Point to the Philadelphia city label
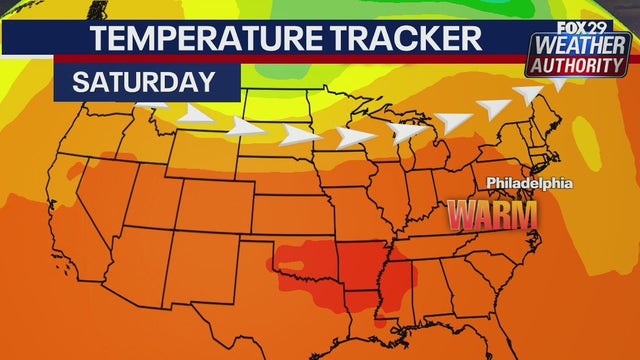[529, 184]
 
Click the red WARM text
[492, 213]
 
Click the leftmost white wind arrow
[155, 103]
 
